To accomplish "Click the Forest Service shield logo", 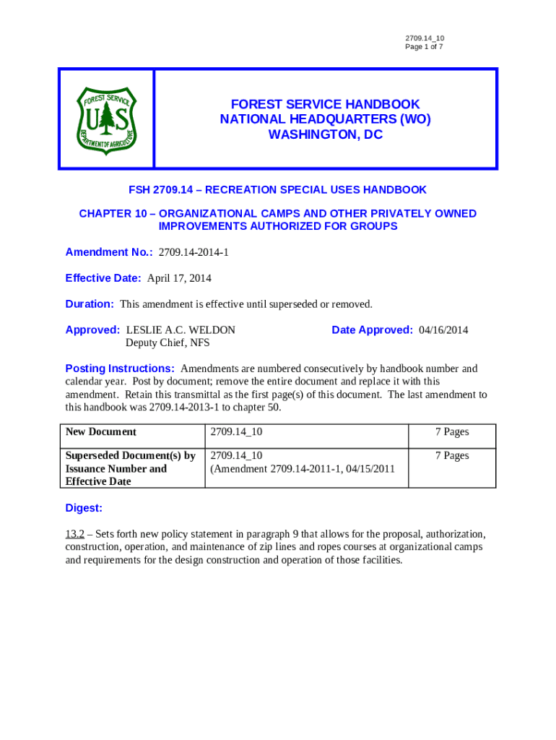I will (106, 119).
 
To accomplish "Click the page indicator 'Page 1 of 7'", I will (424, 47).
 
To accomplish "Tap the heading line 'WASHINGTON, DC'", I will (325, 135).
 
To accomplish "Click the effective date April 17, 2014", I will (179, 278).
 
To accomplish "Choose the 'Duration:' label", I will (90, 304).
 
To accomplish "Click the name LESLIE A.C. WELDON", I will (181, 330).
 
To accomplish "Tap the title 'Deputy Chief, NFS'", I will (168, 343).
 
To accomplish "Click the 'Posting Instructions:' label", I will (120, 369).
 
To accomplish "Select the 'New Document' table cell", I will (101, 432).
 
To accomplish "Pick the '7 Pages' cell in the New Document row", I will (452, 432).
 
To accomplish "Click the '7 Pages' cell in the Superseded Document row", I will (452, 456).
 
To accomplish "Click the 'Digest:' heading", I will (84, 508).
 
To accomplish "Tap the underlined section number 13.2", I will (75, 535).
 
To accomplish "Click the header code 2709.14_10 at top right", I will (425, 38).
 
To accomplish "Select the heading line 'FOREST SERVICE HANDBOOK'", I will (325, 105).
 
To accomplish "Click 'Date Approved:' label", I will (372, 330).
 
